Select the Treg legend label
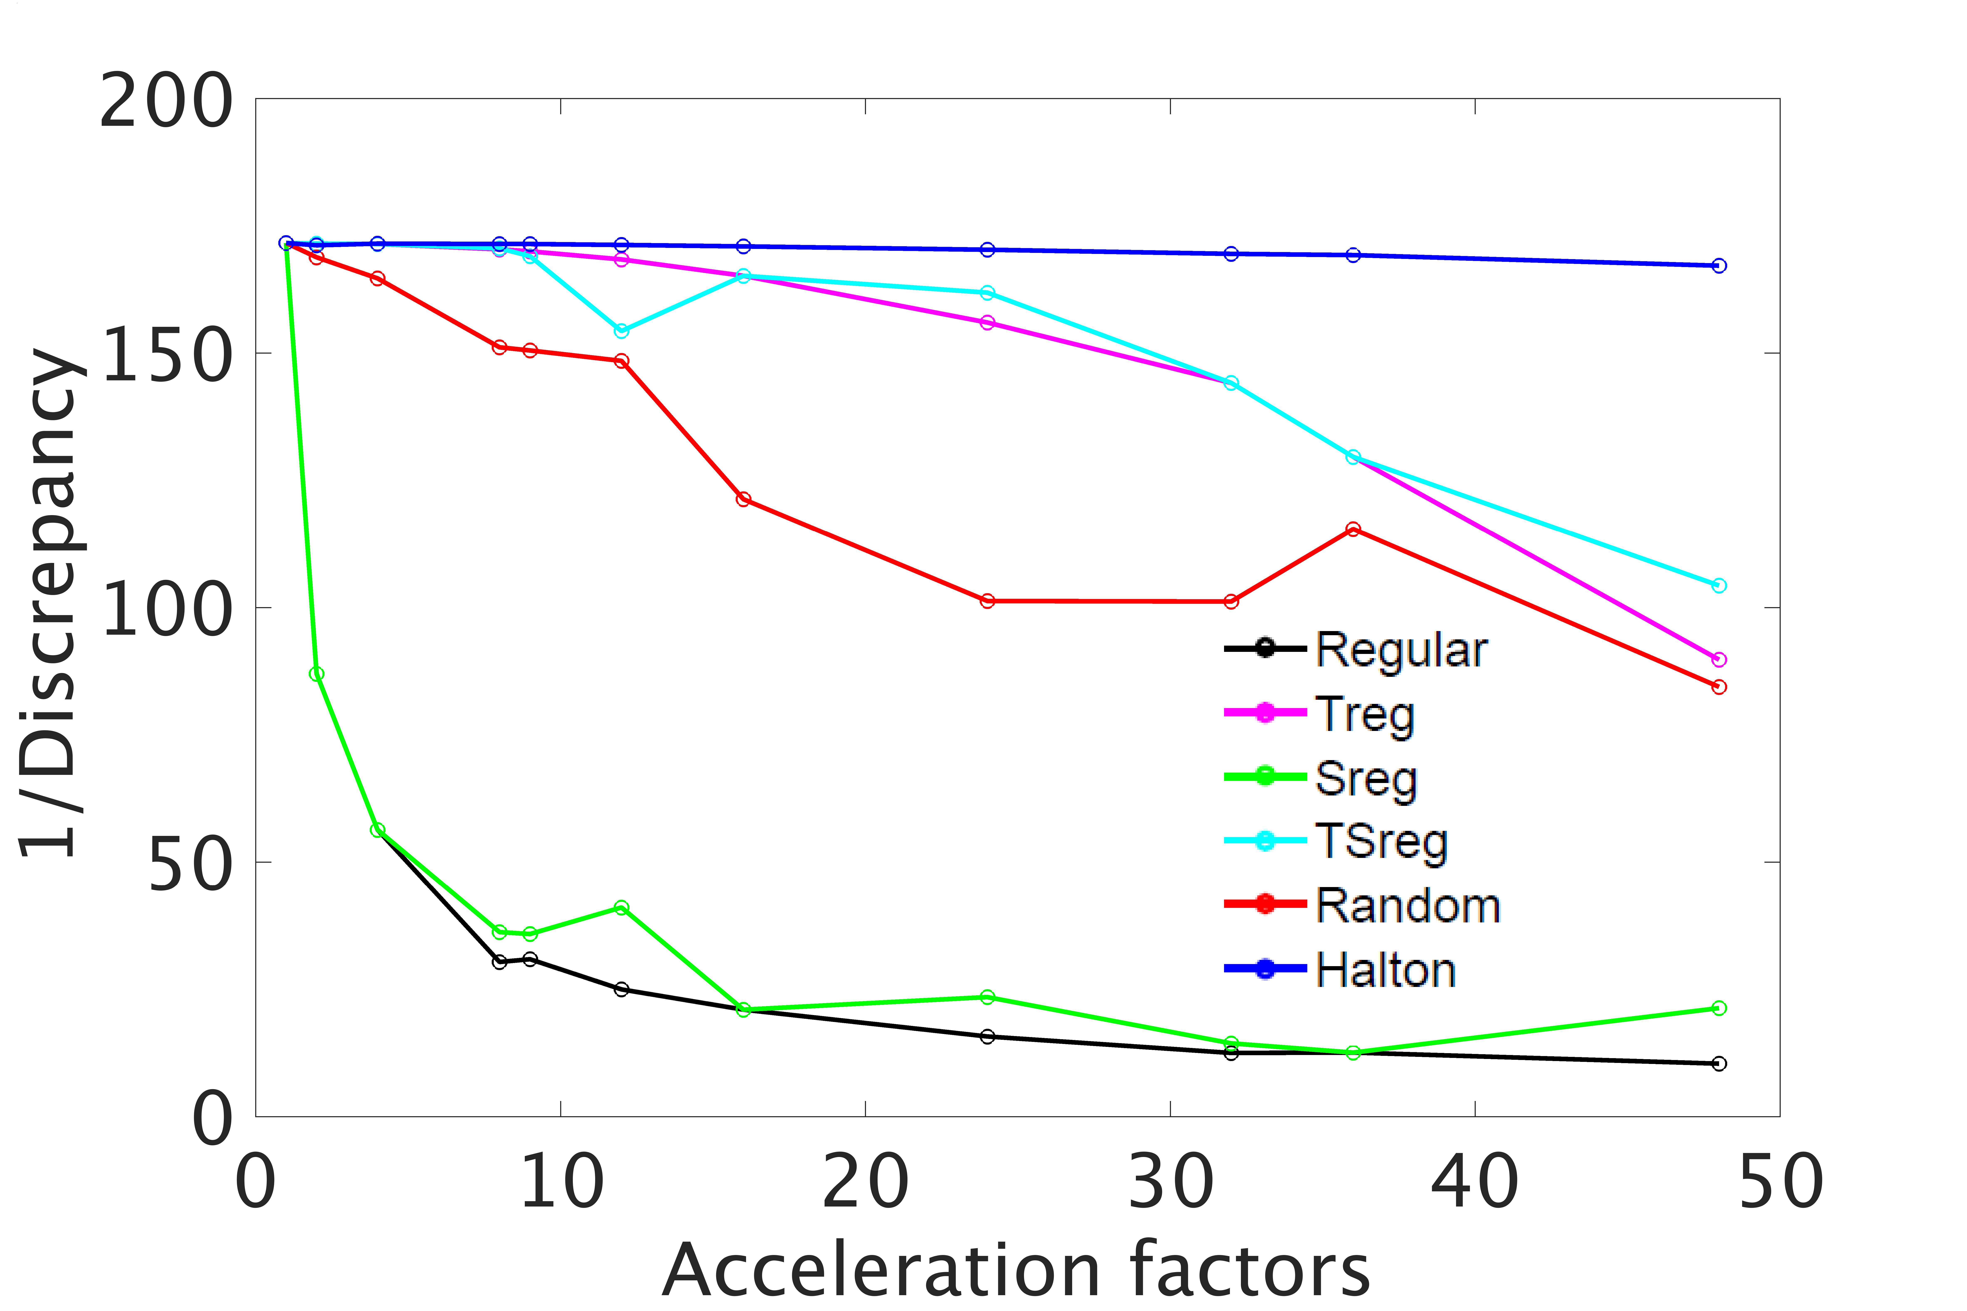[x=1365, y=715]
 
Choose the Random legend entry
[x=1407, y=906]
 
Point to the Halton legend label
[x=1385, y=970]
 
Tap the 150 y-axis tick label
[x=165, y=355]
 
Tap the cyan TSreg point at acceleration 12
[x=621, y=331]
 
